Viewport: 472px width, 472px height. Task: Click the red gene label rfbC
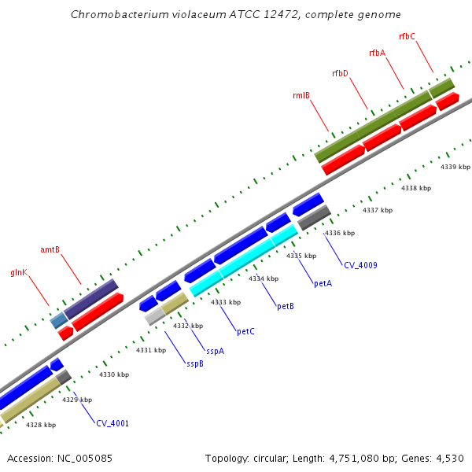tap(407, 36)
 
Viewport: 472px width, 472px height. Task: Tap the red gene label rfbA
tap(377, 53)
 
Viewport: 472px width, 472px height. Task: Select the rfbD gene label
tap(340, 73)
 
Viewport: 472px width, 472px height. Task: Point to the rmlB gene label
tap(301, 96)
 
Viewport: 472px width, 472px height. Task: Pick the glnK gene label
tap(19, 272)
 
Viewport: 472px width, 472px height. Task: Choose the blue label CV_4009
tap(360, 265)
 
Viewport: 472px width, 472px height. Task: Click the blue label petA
tap(323, 283)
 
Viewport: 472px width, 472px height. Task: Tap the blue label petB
tap(286, 306)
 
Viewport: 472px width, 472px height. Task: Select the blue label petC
tap(245, 331)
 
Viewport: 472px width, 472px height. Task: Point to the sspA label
tap(215, 351)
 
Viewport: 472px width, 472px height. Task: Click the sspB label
tap(195, 363)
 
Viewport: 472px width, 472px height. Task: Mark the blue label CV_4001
tap(112, 423)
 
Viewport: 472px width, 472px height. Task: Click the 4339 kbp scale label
tap(455, 167)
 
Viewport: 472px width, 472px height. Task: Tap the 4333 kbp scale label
tap(225, 302)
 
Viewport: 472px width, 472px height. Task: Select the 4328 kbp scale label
tap(41, 425)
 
